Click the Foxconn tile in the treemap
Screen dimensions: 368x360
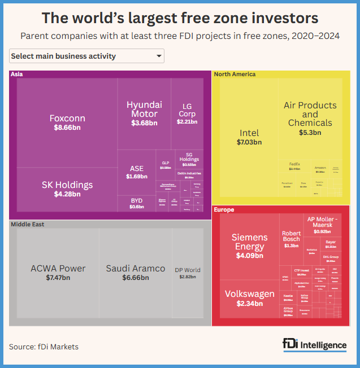(67, 122)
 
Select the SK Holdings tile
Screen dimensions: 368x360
(67, 189)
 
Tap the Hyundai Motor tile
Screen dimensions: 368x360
(144, 113)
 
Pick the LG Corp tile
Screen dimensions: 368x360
(187, 113)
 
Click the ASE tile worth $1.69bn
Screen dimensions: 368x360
(137, 172)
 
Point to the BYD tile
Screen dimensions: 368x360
(137, 203)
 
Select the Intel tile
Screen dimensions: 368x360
(249, 137)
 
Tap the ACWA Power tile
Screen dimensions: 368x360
(58, 272)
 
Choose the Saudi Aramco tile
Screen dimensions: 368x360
(136, 272)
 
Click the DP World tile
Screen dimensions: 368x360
(187, 273)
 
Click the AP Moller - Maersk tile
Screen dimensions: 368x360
(322, 224)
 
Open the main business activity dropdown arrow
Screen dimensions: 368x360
(158, 56)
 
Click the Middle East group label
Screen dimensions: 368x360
(28, 224)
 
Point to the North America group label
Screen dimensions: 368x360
(235, 74)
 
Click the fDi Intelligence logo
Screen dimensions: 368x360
(315, 345)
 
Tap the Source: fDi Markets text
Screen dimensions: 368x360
(44, 347)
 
